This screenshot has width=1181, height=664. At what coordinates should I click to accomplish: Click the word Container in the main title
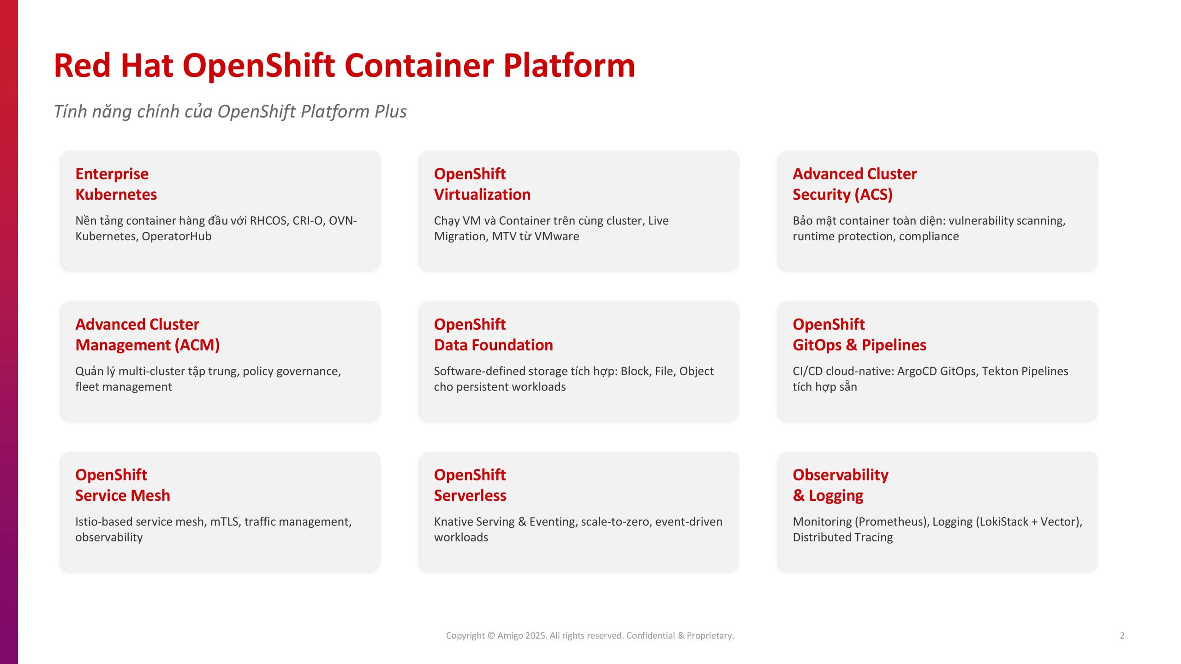click(419, 65)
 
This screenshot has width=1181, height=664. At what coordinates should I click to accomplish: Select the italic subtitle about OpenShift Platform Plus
click(230, 112)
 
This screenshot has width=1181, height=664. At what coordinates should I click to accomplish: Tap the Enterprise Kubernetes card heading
click(116, 184)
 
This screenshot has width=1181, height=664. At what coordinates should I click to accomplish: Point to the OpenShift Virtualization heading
click(482, 184)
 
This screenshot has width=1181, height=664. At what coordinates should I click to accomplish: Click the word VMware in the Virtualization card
click(557, 236)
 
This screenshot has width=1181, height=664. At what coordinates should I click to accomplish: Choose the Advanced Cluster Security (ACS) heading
click(855, 184)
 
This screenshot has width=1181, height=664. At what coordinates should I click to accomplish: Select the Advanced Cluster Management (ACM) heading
click(148, 335)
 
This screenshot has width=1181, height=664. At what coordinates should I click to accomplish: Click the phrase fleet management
click(124, 387)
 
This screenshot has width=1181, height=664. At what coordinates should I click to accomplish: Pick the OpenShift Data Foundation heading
click(493, 335)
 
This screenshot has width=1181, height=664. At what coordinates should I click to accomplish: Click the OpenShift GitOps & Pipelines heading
click(859, 335)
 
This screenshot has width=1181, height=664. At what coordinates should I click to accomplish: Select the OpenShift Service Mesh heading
click(123, 485)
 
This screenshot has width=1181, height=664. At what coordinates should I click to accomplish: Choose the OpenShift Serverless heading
click(470, 485)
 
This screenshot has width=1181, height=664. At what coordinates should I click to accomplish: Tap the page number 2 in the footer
click(1122, 635)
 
